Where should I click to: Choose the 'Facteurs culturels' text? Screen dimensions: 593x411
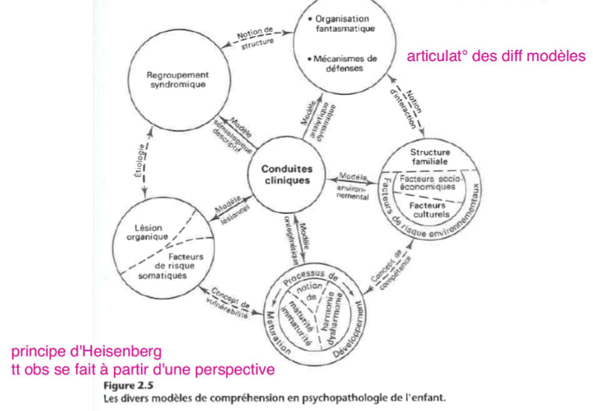point(427,210)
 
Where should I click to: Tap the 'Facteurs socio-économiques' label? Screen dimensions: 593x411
point(427,183)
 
